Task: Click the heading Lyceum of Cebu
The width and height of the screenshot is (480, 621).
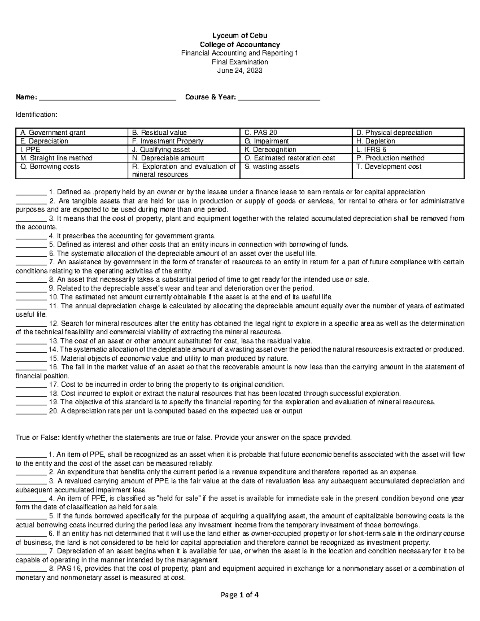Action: pyautogui.click(x=240, y=36)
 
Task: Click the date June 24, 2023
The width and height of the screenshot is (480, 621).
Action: pyautogui.click(x=240, y=71)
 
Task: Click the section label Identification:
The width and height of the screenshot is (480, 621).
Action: pyautogui.click(x=36, y=115)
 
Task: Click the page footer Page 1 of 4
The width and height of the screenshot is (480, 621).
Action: pyautogui.click(x=240, y=595)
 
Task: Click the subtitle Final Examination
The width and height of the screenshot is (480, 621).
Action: pyautogui.click(x=240, y=62)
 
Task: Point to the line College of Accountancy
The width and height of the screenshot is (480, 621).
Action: pyautogui.click(x=240, y=44)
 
